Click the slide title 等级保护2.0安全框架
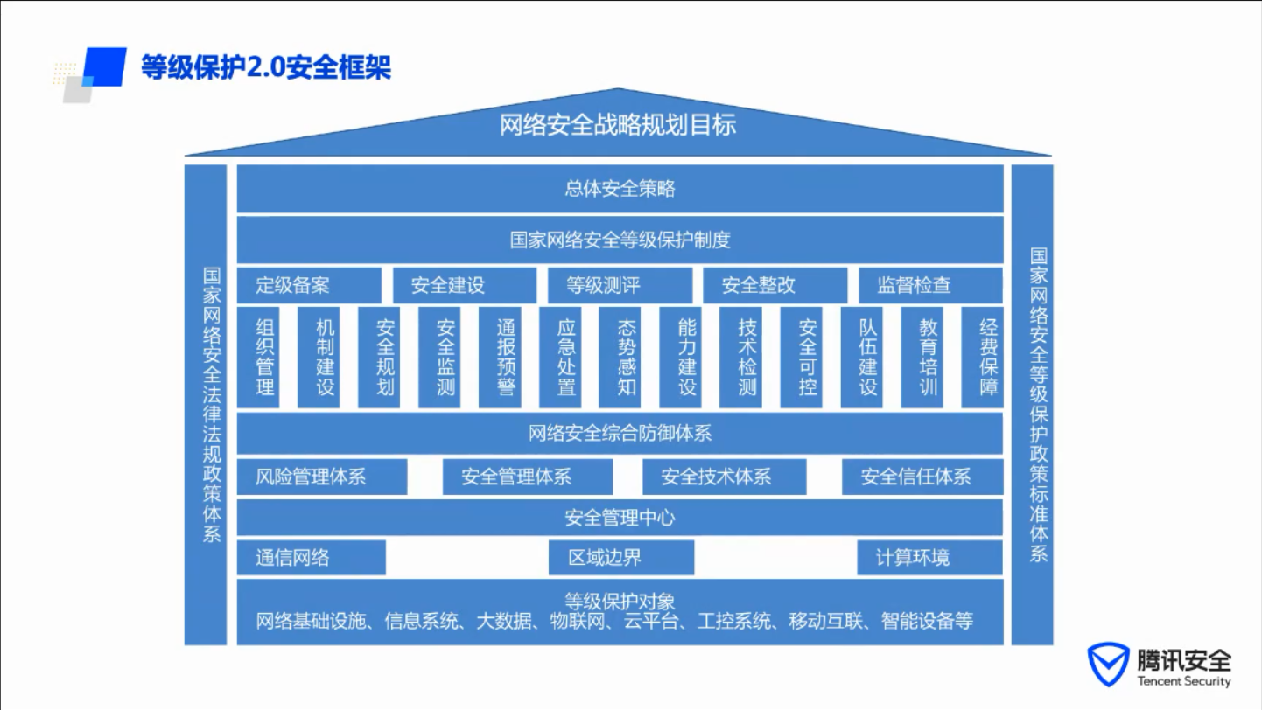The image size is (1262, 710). [266, 67]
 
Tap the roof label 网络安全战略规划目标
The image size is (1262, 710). [618, 124]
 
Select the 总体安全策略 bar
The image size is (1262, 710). [620, 189]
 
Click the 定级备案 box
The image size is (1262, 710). [309, 285]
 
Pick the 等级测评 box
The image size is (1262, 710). [620, 285]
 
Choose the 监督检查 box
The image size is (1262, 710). [930, 285]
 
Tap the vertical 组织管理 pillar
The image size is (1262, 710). [258, 357]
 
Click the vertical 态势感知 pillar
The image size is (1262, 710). [620, 357]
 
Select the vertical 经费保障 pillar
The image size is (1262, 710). [982, 357]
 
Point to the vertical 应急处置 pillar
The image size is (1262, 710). [560, 357]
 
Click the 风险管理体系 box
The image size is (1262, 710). [322, 477]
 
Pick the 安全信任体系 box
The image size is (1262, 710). [922, 477]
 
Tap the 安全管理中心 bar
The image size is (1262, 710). [620, 518]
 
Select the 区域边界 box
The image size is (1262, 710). [621, 557]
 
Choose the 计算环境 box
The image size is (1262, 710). [929, 557]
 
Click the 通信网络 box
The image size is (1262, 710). [312, 557]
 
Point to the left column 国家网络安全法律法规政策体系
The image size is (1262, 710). [206, 405]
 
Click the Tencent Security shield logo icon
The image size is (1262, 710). [1108, 665]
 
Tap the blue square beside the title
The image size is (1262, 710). [105, 67]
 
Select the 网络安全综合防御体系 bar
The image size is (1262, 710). [620, 433]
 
